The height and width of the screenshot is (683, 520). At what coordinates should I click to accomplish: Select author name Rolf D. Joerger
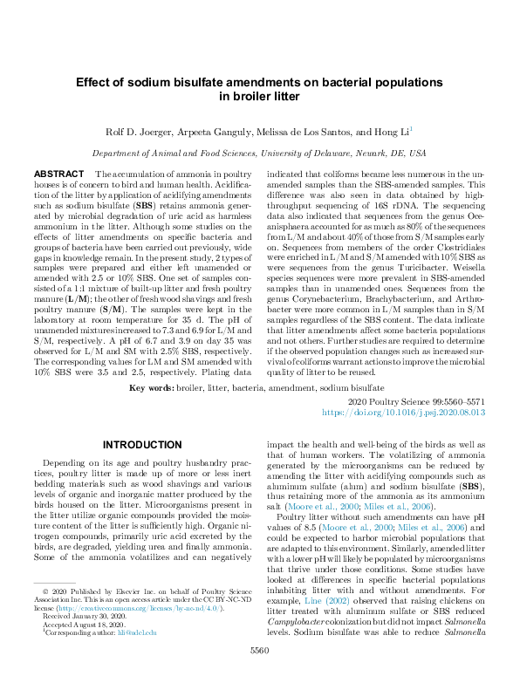(141, 133)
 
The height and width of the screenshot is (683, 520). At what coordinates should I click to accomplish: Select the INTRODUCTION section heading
(141, 444)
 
